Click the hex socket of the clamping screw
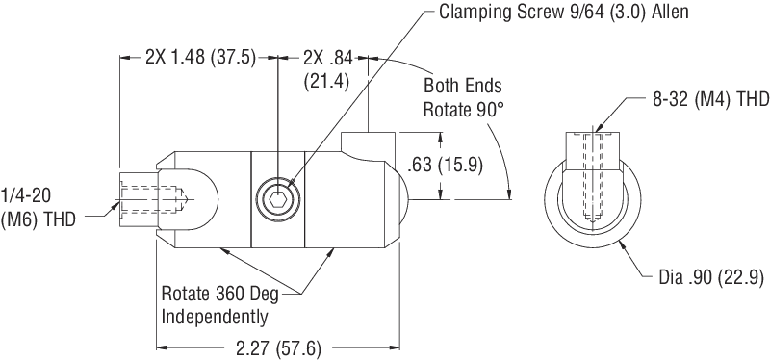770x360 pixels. (x=278, y=199)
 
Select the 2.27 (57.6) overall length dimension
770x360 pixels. (x=278, y=348)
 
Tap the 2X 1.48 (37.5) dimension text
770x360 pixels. (x=201, y=58)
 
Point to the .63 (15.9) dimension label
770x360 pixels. (x=446, y=165)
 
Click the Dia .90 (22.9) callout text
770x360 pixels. (x=710, y=278)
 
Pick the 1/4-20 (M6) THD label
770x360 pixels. (x=38, y=207)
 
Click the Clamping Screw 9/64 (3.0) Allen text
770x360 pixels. (x=563, y=12)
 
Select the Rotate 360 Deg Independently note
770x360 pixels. (x=220, y=305)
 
